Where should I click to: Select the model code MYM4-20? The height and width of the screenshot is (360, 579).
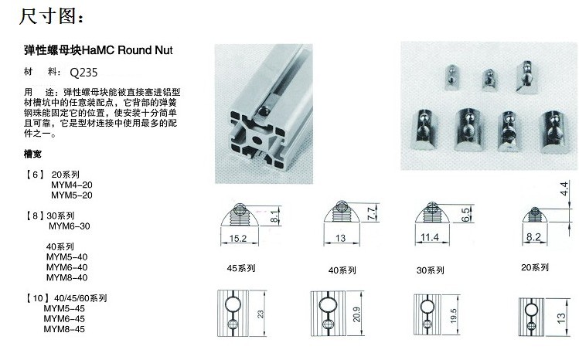(x=71, y=185)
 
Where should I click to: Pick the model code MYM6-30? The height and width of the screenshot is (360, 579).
(x=70, y=226)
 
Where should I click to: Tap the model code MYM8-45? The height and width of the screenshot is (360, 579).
(x=64, y=328)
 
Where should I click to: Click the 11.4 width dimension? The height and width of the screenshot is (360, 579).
(x=430, y=237)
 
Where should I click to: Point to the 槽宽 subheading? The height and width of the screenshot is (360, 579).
(x=33, y=155)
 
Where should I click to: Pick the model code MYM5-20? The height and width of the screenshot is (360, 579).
(x=71, y=195)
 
